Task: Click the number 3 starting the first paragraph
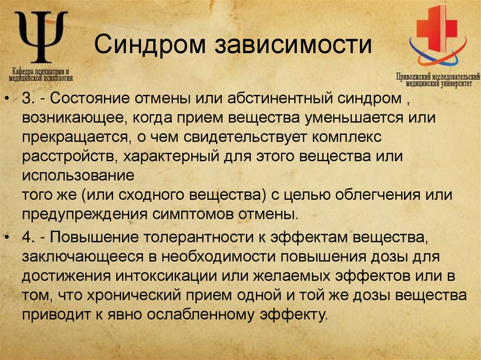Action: point(26,100)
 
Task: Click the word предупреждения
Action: point(84,214)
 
